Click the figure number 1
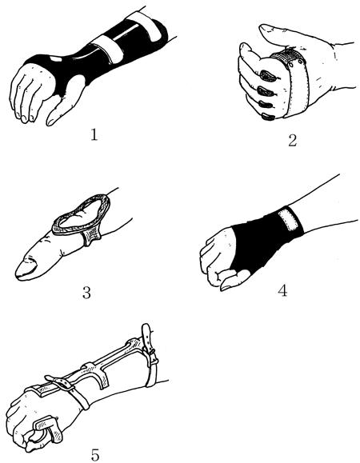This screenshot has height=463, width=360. [94, 135]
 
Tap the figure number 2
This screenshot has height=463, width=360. [292, 140]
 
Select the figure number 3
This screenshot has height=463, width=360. [86, 293]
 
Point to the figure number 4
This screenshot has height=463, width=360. [282, 290]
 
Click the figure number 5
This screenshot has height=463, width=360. [95, 455]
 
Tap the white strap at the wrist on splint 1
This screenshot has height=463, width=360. [109, 48]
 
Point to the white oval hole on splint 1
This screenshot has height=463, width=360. [56, 59]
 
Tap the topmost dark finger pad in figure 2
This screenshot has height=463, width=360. [268, 76]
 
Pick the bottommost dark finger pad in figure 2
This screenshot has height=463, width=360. [268, 118]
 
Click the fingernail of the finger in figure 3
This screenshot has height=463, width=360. [26, 268]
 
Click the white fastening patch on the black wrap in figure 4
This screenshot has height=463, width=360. [288, 219]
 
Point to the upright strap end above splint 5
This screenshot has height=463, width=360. [147, 335]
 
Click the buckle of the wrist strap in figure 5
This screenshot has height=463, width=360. [62, 385]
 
